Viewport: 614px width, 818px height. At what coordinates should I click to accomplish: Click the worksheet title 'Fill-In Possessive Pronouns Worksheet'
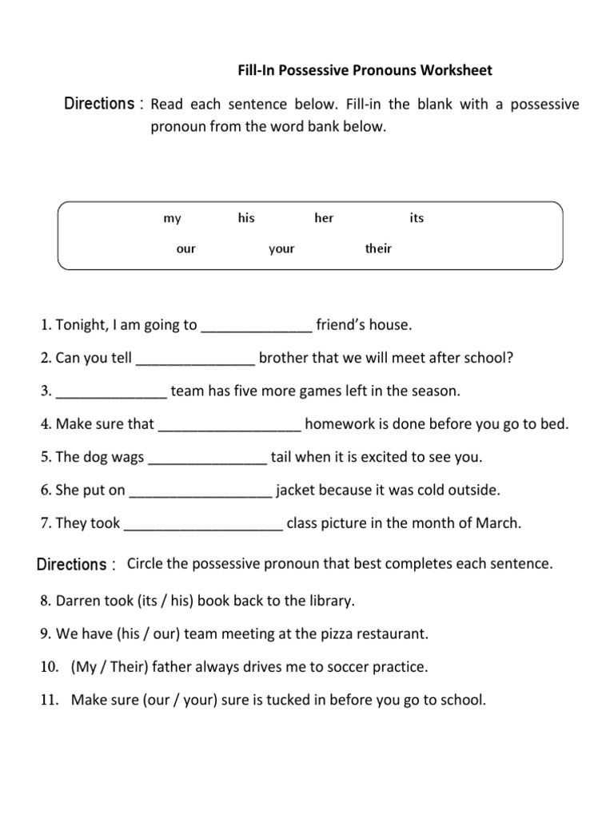(x=365, y=70)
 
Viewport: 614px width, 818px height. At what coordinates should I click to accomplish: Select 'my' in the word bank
(x=172, y=219)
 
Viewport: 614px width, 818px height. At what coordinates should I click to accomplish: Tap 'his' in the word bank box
(x=246, y=218)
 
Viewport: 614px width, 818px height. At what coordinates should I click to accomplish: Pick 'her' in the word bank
(x=324, y=218)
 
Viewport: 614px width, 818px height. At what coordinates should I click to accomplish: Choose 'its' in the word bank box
(x=417, y=218)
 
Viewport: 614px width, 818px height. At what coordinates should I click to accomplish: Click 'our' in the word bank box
(x=185, y=249)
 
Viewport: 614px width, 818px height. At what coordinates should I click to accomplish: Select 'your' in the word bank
(x=281, y=249)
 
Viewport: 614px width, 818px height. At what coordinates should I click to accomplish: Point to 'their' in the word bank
(x=378, y=248)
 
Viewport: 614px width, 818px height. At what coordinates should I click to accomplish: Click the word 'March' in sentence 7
(x=499, y=524)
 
